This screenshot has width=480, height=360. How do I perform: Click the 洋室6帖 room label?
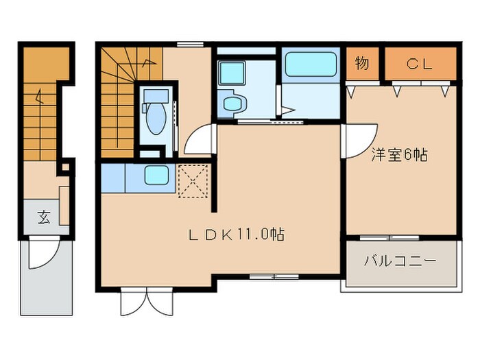pyautogui.click(x=400, y=155)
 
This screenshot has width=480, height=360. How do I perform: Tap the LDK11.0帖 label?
pyautogui.click(x=237, y=235)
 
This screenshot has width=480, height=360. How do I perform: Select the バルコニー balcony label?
pyautogui.click(x=400, y=261)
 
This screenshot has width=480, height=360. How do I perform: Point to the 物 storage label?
pyautogui.click(x=363, y=64)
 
